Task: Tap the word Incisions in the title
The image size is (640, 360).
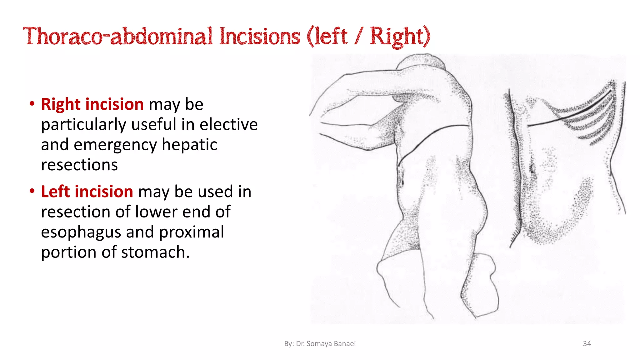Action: tap(259, 36)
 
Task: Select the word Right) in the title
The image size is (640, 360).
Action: tap(400, 37)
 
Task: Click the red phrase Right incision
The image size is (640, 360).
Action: tap(92, 104)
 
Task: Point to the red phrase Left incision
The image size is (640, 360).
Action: tap(87, 192)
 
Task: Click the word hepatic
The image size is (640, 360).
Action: tap(189, 145)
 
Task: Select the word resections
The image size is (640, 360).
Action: tap(79, 165)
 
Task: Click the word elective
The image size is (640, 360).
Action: tap(228, 124)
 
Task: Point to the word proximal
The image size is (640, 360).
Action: tap(192, 232)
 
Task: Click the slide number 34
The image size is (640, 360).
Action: tap(587, 343)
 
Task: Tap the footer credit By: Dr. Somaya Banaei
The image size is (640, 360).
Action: tap(320, 343)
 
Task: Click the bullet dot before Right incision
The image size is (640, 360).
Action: tap(32, 104)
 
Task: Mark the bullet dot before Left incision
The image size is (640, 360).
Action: tap(32, 191)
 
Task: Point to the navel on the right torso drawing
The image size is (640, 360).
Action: tap(532, 169)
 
